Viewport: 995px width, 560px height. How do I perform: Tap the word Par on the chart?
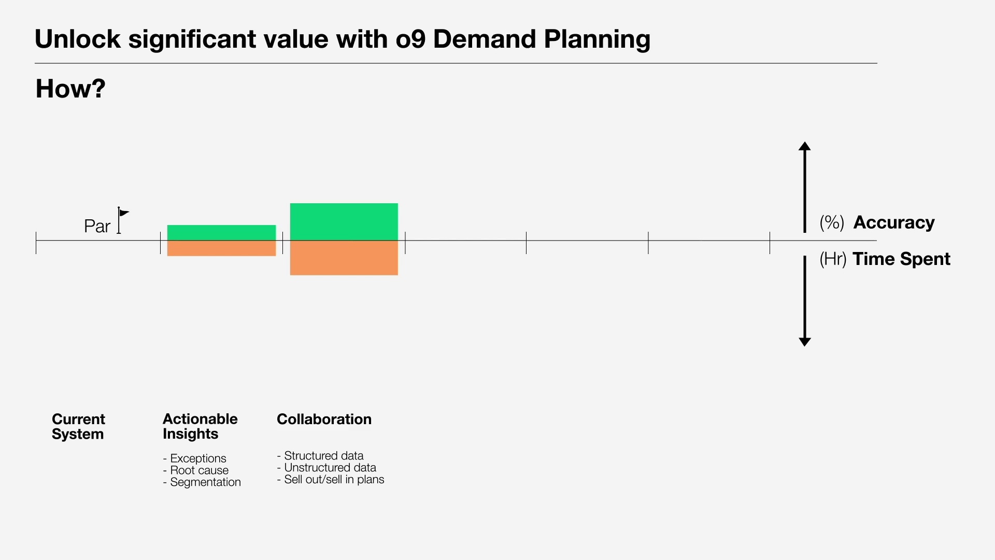point(97,227)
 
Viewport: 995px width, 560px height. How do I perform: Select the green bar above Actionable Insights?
point(221,232)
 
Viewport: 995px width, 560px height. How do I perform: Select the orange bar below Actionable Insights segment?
point(221,248)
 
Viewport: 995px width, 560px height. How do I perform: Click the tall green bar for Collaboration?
point(344,221)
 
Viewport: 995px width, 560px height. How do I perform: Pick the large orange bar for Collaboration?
point(344,258)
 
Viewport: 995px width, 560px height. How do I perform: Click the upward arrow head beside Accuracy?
point(804,146)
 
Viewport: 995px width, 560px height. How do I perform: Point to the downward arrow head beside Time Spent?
point(804,341)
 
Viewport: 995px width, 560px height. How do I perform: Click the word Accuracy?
point(893,222)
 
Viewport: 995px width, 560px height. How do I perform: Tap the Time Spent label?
point(901,259)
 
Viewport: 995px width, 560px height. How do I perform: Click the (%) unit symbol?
point(831,222)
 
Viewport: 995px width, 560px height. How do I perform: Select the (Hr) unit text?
point(832,259)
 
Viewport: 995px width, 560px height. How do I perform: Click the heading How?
point(70,89)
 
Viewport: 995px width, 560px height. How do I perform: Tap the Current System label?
point(78,426)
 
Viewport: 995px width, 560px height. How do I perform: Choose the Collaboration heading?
point(324,419)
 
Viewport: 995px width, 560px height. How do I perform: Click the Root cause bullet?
point(199,470)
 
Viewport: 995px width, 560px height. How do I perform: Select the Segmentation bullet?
point(205,482)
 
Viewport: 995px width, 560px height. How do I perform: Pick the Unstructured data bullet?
point(330,468)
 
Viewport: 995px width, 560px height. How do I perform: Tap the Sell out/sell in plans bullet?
point(334,480)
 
